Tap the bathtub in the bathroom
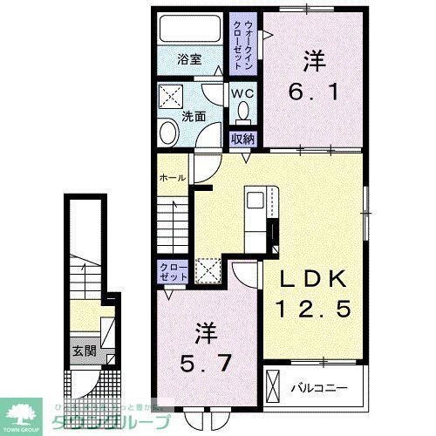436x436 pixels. (190, 30)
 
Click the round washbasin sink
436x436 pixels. (167, 133)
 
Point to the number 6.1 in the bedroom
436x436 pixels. (315, 89)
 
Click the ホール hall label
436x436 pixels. (171, 178)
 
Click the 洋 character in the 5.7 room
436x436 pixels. (206, 331)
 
